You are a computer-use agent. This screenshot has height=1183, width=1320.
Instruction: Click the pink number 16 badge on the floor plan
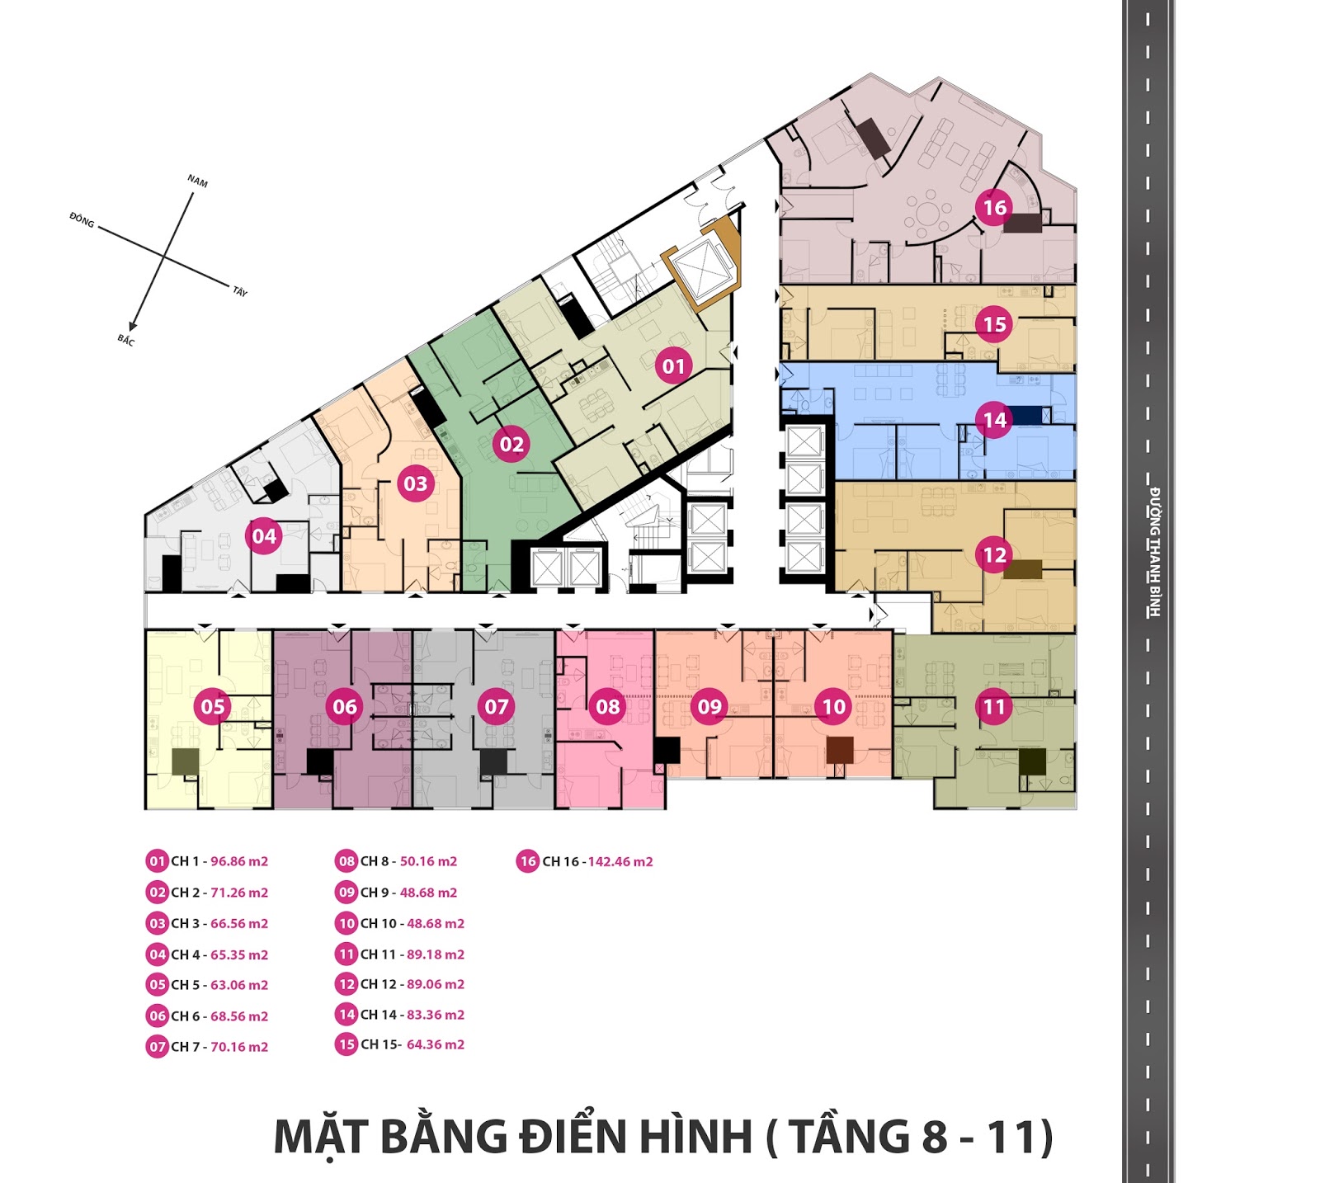tap(994, 207)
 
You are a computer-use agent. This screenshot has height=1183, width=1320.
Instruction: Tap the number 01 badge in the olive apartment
tap(673, 366)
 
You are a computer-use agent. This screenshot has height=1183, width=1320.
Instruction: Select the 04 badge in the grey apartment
tap(264, 536)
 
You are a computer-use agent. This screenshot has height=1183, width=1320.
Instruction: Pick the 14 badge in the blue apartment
tap(994, 420)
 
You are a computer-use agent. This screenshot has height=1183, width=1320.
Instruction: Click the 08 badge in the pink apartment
tap(608, 706)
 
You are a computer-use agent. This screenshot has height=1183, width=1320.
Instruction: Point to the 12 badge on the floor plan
tap(994, 554)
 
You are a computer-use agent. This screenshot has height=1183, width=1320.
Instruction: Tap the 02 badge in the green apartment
tap(511, 444)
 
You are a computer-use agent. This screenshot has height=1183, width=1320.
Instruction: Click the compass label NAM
tap(197, 181)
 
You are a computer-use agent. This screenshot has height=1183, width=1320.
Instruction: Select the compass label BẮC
tap(125, 340)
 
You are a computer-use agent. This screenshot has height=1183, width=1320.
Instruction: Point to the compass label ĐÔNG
tap(82, 220)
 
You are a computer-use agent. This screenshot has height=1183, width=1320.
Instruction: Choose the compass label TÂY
tap(240, 291)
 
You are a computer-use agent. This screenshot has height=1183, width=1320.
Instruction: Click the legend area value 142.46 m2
tap(620, 862)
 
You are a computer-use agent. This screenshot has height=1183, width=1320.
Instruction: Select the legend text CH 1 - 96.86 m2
tap(219, 861)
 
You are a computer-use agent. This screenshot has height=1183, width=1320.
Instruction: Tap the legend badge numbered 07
tap(158, 1047)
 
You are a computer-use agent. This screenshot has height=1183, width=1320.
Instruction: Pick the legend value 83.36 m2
tap(436, 1015)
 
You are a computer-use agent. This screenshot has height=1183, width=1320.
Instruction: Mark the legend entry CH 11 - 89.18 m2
tap(412, 954)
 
